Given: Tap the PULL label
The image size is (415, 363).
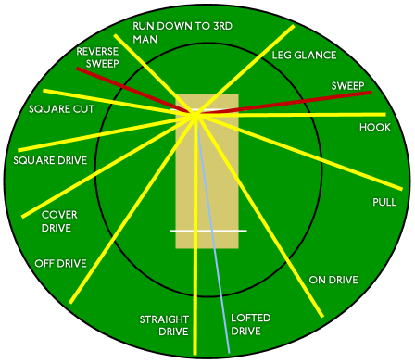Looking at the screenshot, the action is click(x=384, y=201).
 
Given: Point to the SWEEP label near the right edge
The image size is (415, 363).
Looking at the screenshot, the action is click(x=347, y=86).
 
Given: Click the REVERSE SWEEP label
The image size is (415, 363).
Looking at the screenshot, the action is click(x=96, y=57).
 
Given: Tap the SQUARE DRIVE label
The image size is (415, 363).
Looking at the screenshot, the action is click(x=50, y=160).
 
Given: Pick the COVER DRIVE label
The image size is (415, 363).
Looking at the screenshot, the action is click(x=58, y=220).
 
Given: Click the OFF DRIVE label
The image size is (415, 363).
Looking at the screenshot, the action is click(x=60, y=263).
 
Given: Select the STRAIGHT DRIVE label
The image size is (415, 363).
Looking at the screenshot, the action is click(x=164, y=325).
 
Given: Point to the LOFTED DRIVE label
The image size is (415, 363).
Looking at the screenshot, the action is click(x=251, y=324).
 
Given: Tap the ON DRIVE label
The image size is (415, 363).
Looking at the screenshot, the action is click(x=333, y=280).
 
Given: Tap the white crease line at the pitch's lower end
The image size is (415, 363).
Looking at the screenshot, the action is click(x=207, y=230).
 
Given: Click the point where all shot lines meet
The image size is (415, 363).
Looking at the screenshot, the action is click(x=195, y=114).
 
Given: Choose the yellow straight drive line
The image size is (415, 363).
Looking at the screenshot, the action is click(x=195, y=278).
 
